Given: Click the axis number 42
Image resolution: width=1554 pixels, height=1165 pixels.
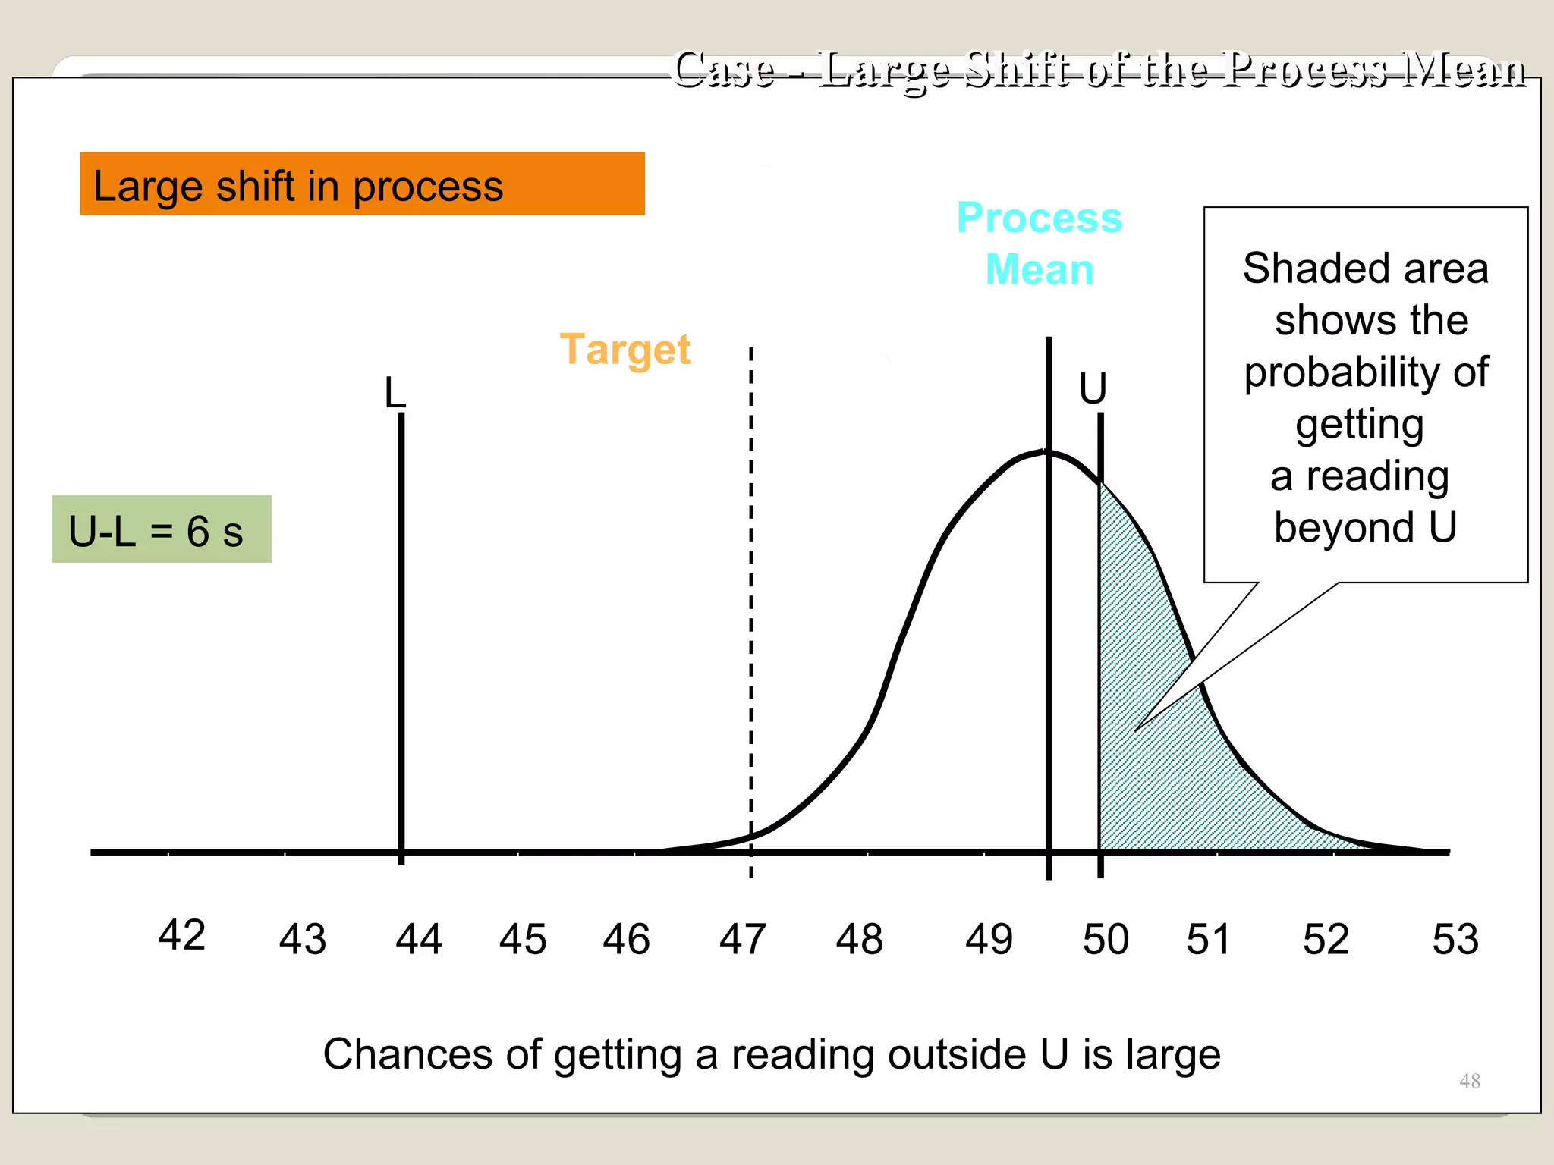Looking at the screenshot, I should click(x=182, y=934).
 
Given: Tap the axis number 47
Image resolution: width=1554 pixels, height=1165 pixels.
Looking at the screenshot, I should click(x=742, y=939).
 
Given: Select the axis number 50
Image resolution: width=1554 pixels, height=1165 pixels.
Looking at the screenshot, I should click(x=1106, y=939).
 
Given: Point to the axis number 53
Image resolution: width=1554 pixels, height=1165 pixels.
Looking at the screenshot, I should click(x=1455, y=939).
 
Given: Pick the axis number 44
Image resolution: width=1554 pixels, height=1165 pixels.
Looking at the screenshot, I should click(x=418, y=939).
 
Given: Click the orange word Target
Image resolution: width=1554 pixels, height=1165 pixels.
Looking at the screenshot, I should click(x=625, y=350).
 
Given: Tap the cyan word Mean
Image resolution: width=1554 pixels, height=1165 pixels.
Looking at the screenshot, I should click(x=1040, y=269).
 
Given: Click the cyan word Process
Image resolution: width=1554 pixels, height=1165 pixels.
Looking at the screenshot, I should click(x=1040, y=218).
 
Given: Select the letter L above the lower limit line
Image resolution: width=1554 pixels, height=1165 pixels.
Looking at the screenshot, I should click(x=395, y=393).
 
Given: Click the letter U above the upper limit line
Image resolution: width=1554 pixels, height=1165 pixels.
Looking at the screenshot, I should click(x=1093, y=388).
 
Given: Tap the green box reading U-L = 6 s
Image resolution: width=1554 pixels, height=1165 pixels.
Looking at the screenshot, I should click(x=162, y=529).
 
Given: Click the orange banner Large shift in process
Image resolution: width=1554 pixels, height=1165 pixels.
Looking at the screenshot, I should click(x=362, y=184).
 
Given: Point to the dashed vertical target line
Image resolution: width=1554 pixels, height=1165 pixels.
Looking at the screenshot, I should click(x=750, y=607).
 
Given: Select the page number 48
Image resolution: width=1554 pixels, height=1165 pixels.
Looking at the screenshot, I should click(x=1469, y=1081).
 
